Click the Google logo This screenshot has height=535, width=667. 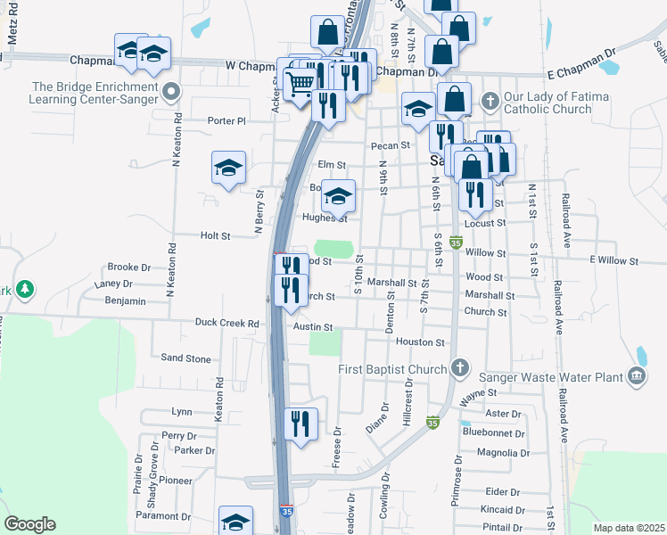29,524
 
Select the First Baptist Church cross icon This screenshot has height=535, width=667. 460,367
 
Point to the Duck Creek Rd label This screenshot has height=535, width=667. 227,324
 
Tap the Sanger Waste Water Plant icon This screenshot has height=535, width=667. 638,378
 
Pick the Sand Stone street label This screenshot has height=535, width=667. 185,358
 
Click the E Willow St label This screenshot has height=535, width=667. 614,260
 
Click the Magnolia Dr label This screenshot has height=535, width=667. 504,453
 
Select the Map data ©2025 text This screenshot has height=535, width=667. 628,528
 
